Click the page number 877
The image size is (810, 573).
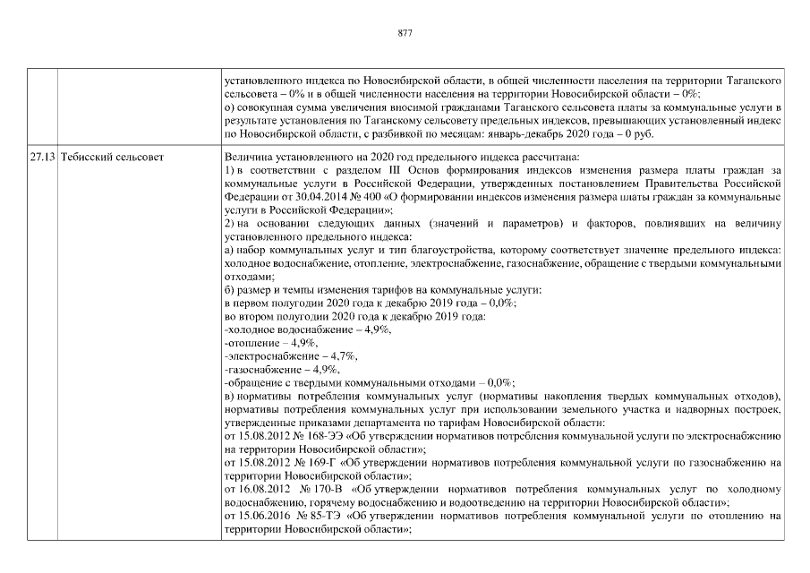(x=405, y=33)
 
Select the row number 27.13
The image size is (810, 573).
(x=41, y=157)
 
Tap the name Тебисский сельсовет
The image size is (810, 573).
(x=104, y=157)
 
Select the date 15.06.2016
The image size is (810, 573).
(x=262, y=517)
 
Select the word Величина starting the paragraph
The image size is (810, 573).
(x=245, y=157)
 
